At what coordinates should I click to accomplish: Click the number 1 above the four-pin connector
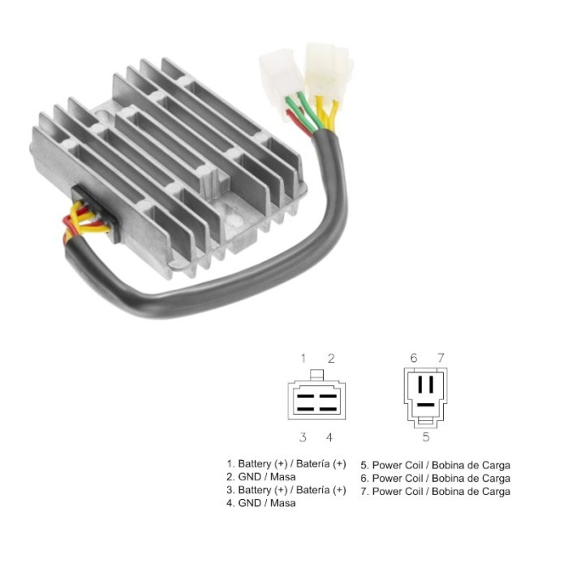coord(303,358)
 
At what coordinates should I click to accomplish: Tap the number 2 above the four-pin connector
coord(331,358)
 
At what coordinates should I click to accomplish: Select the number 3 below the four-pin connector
coord(303,437)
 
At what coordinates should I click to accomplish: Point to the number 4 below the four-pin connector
coord(329,437)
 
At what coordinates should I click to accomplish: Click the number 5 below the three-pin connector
coord(426,437)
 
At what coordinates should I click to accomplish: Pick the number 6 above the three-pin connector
coord(413,358)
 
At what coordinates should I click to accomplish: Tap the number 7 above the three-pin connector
coord(441,358)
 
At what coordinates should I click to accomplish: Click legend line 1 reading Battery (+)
coord(286,464)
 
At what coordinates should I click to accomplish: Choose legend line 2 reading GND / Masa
coord(261,477)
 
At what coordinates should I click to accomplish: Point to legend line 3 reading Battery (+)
coord(286,490)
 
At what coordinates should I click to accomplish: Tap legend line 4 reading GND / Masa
coord(261,503)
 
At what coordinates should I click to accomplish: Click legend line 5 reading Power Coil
coord(436,465)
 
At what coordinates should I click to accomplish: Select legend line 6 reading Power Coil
coord(436,478)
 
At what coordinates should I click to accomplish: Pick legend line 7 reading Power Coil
coord(436,491)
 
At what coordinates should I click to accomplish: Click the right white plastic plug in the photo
coord(326,63)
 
